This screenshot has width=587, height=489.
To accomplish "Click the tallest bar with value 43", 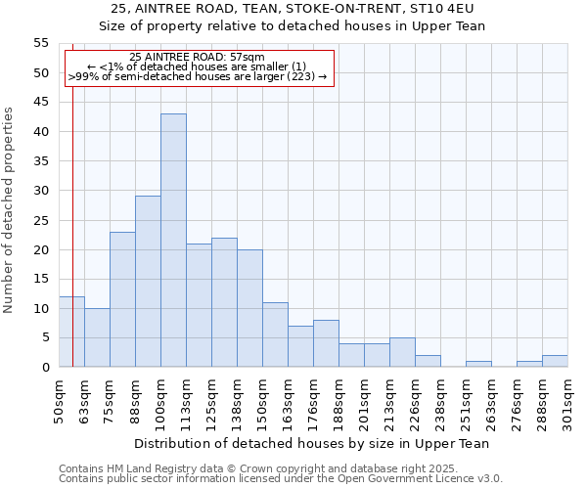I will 173,241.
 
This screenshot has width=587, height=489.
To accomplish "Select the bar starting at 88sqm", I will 148,282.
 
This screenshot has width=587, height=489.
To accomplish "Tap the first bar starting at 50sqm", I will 71,332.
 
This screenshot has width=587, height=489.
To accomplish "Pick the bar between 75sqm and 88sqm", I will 122,299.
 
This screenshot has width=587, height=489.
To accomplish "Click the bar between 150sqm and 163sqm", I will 275,334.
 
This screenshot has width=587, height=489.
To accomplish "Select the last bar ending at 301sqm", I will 555,361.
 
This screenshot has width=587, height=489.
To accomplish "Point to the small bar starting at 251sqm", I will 478,364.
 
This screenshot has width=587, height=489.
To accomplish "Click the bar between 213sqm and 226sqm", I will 402,352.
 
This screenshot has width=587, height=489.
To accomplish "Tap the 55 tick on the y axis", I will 41,43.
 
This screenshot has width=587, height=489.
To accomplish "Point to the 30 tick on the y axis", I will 41,191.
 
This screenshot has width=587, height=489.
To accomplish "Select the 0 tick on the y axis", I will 45,368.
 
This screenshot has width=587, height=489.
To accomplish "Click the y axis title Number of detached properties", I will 9,209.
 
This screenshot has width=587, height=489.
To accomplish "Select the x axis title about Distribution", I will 312,443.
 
